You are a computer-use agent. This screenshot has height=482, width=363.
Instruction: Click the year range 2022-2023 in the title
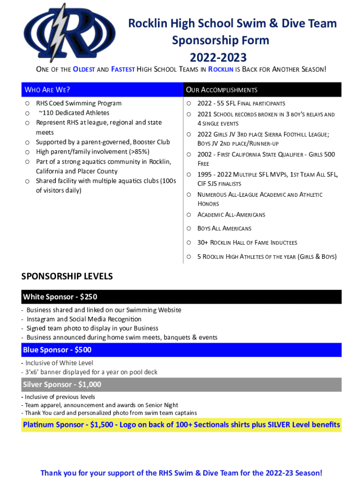click(218, 57)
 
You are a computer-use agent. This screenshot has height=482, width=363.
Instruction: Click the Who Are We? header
click(47, 89)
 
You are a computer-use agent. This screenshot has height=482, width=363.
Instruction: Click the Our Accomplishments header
click(222, 89)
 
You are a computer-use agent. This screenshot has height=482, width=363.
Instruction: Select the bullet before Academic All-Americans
click(189, 215)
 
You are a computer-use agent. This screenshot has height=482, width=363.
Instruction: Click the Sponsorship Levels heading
click(67, 276)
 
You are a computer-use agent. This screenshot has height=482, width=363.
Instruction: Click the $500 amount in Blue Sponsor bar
click(82, 350)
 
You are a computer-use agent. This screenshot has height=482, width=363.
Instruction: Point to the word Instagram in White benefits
click(42, 319)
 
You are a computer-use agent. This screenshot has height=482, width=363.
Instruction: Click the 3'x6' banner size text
click(30, 372)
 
